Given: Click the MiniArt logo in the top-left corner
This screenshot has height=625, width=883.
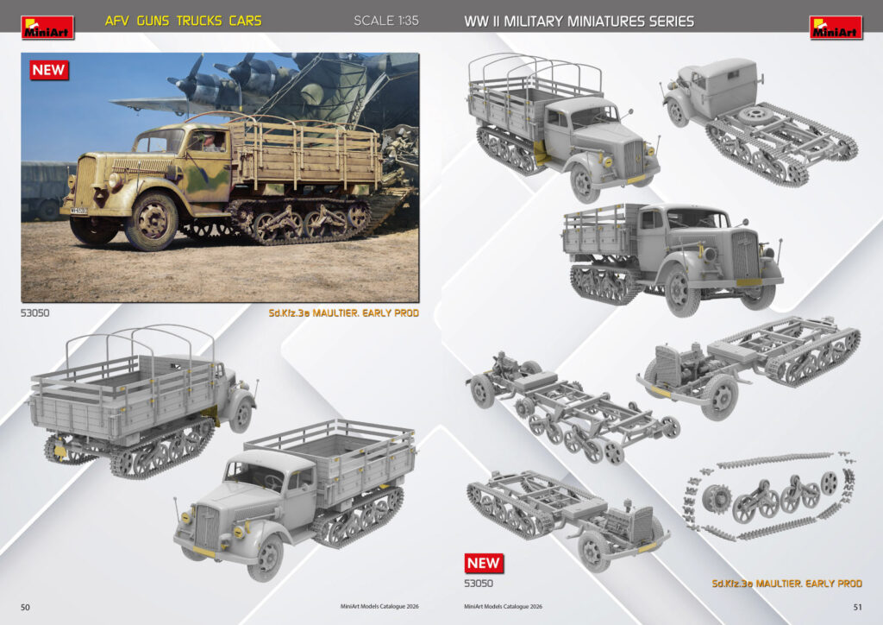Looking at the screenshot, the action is point(47,28).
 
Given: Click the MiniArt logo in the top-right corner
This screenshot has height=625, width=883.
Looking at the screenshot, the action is point(836,28).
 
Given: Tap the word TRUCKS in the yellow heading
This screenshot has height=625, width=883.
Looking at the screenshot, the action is point(199,22).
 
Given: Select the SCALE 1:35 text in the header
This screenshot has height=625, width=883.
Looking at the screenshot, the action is point(386,21).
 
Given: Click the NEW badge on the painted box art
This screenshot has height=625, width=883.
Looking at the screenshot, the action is point(49,71).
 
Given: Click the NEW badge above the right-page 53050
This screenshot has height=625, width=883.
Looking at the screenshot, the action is point(484,563).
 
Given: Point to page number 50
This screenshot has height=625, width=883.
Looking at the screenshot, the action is point(25,607).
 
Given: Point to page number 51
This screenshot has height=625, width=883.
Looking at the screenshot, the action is point(857,607).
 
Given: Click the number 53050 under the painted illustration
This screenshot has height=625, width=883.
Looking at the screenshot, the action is point(34,312).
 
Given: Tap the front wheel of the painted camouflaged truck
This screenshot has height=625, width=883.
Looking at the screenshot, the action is point(151,222).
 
